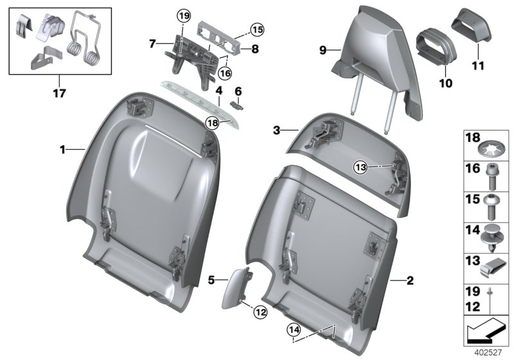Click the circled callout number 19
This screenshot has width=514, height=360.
(x=184, y=15)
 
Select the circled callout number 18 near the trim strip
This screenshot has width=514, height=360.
(x=211, y=122)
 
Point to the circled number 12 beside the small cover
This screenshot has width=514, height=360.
(x=260, y=312)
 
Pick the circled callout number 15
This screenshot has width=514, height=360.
(x=257, y=30)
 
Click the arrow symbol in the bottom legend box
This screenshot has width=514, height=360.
(x=486, y=332)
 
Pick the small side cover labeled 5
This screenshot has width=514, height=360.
(x=237, y=290)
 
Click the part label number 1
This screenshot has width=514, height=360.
(x=63, y=150)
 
